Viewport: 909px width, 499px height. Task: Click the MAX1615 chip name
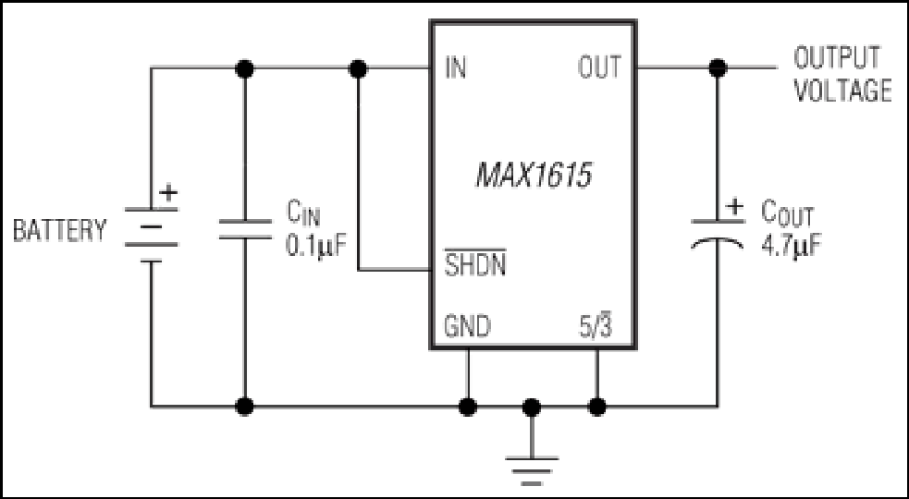point(534,175)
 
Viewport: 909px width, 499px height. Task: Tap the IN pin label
point(456,67)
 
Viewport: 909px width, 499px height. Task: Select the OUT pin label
point(599,67)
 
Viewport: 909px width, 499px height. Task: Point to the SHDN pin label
point(474,263)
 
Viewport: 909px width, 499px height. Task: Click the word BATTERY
point(60,230)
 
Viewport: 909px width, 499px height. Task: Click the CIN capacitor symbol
point(245,229)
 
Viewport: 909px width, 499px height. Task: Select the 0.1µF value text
point(315,245)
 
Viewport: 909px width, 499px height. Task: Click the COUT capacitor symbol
point(717,234)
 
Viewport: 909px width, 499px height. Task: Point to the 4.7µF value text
point(792,246)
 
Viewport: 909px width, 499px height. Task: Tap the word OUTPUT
point(837,57)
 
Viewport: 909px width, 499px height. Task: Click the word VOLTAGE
point(842,91)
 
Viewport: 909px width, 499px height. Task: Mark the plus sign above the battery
point(168,192)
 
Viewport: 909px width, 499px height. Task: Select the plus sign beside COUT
point(735,206)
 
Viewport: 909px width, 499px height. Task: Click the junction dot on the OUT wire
point(718,67)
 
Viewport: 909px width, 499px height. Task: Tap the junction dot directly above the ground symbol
point(532,407)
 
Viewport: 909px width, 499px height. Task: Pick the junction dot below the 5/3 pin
point(597,407)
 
